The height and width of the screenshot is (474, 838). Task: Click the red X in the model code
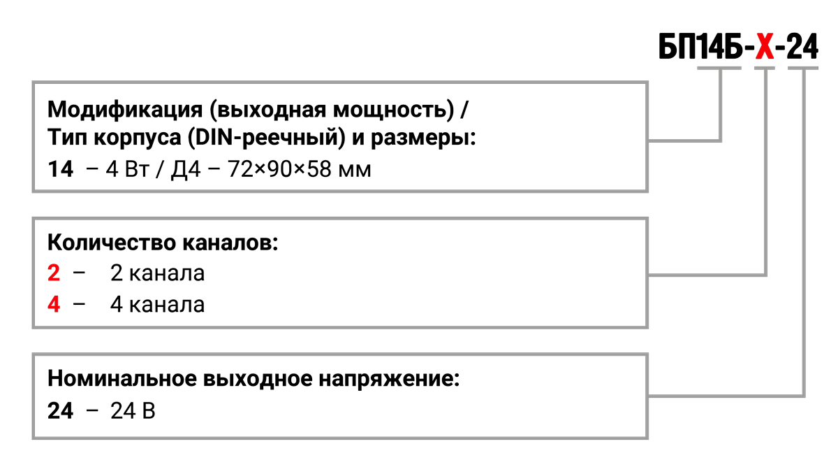click(x=765, y=48)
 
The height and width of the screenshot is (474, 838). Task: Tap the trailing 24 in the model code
click(x=802, y=48)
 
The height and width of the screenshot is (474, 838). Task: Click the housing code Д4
click(x=186, y=170)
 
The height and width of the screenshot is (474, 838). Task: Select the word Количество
click(x=105, y=243)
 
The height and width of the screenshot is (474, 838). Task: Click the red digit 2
click(x=54, y=273)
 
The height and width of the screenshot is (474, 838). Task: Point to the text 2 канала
click(x=158, y=273)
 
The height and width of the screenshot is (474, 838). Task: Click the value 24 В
click(x=133, y=410)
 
